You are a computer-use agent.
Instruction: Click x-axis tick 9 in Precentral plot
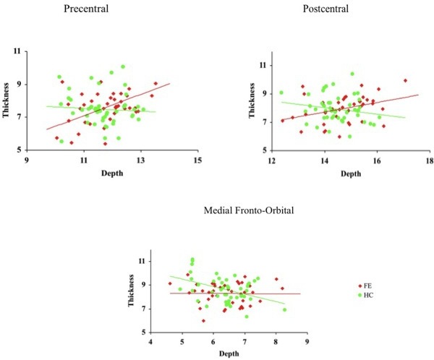coord(27,160)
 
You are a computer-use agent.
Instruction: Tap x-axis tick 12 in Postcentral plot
coord(271,161)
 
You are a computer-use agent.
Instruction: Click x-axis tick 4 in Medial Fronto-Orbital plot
coord(150,341)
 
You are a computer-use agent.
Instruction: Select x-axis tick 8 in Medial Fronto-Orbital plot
coord(276,341)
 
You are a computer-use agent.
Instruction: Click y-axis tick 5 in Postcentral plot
coord(263,150)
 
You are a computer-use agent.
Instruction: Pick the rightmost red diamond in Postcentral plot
coord(405,81)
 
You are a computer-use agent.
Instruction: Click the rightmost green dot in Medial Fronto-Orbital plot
coord(284,310)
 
